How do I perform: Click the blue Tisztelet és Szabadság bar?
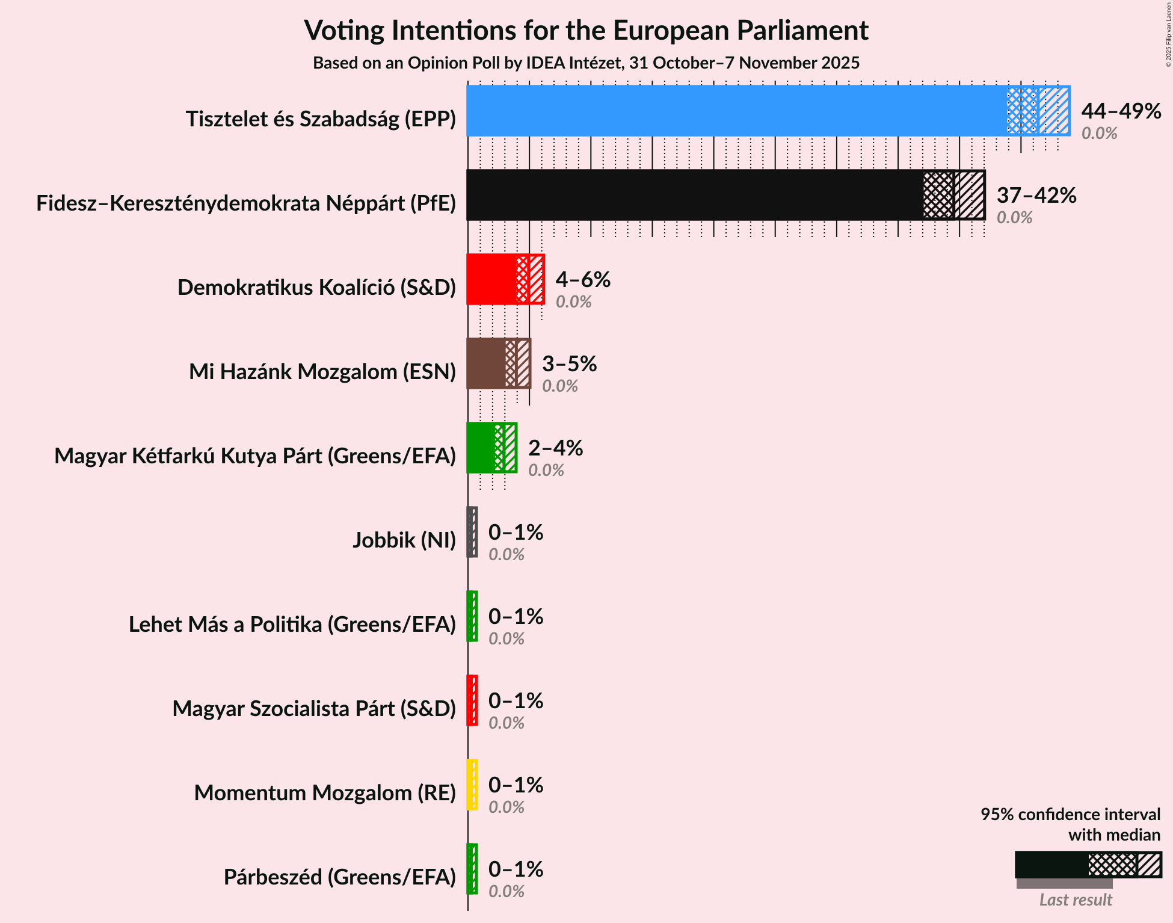pyautogui.click(x=737, y=111)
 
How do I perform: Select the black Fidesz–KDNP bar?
pyautogui.click(x=695, y=195)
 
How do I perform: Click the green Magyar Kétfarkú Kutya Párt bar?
pyautogui.click(x=481, y=448)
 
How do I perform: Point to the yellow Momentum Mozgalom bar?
pyautogui.click(x=472, y=785)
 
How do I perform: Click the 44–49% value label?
pyautogui.click(x=1121, y=111)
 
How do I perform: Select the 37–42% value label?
pyautogui.click(x=1036, y=196)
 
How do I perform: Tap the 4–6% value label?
pyautogui.click(x=582, y=280)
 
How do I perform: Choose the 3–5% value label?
pyautogui.click(x=569, y=364)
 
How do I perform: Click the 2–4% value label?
pyautogui.click(x=555, y=448)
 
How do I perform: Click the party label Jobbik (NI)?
pyautogui.click(x=404, y=540)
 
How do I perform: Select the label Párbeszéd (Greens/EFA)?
pyautogui.click(x=339, y=877)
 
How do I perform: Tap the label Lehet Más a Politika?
pyautogui.click(x=292, y=625)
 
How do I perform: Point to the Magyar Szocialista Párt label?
pyautogui.click(x=314, y=709)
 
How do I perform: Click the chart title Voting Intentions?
pyautogui.click(x=586, y=30)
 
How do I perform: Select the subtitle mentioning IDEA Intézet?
pyautogui.click(x=586, y=63)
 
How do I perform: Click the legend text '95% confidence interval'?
pyautogui.click(x=1070, y=815)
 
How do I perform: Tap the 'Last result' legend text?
pyautogui.click(x=1076, y=900)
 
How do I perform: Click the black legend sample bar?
pyautogui.click(x=1051, y=865)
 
